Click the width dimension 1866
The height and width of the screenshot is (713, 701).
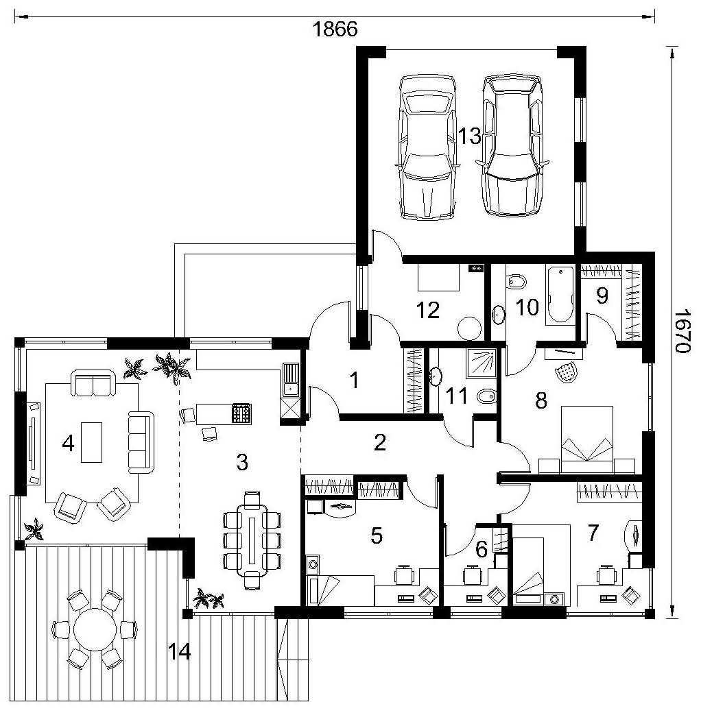pos(335,29)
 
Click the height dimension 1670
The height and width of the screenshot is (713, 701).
pos(682,331)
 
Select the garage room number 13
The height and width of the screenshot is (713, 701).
pos(469,136)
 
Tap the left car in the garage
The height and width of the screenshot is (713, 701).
pos(427,147)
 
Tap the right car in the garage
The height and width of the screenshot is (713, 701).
pos(512,145)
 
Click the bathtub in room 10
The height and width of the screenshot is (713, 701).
pos(560,295)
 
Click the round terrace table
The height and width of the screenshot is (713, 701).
pos(95,629)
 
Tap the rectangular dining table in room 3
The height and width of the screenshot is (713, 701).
pos(252,540)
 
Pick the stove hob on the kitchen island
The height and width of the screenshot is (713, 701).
pos(241,414)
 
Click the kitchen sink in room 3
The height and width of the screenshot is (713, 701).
pos(289,380)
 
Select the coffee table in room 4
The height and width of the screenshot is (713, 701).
pos(91,442)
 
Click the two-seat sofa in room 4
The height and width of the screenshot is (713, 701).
pos(93,383)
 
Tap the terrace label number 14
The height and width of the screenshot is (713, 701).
pos(179,652)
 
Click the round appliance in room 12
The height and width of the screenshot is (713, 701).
pos(469,328)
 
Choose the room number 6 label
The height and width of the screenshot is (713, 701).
pos(482,550)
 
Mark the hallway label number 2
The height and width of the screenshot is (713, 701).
pos(380,442)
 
